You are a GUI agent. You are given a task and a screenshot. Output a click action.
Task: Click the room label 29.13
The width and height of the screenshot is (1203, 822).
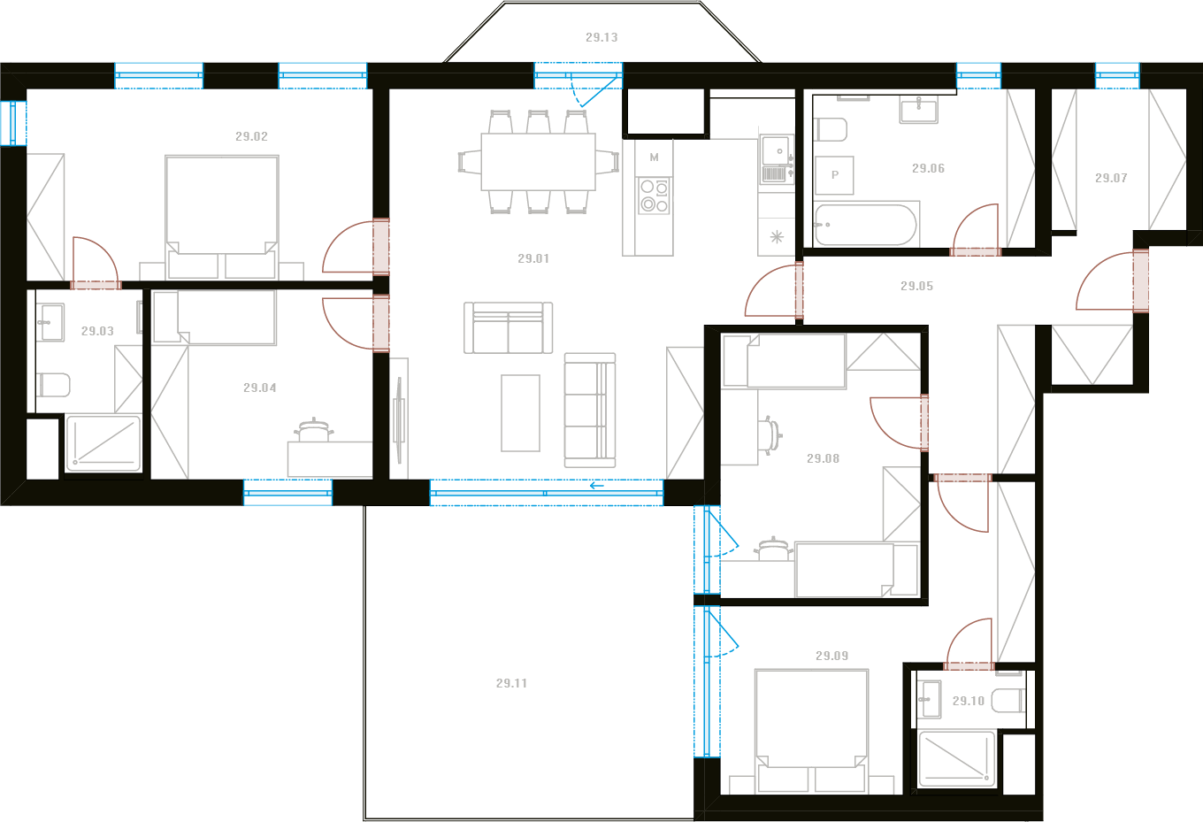(x=601, y=38)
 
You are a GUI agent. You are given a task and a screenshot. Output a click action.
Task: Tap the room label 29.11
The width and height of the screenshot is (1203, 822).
(x=511, y=683)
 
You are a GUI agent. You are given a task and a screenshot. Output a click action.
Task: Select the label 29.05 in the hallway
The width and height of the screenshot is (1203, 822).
(x=916, y=286)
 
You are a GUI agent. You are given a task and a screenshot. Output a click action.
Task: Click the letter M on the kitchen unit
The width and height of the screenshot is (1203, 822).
(x=654, y=157)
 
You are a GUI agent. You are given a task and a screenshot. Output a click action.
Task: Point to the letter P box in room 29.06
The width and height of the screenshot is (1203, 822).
(x=834, y=175)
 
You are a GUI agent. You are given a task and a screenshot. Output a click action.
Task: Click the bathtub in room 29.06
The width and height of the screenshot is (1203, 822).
(x=865, y=224)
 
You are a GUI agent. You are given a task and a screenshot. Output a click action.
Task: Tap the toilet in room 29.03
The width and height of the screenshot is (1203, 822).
(x=53, y=385)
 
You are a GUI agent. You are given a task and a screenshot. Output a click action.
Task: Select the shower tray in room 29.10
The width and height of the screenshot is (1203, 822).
(x=956, y=758)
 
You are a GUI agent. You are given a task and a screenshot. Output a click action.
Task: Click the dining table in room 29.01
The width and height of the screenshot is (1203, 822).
(x=538, y=162)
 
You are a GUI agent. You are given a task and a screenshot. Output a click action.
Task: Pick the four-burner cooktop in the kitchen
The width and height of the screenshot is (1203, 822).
(x=655, y=196)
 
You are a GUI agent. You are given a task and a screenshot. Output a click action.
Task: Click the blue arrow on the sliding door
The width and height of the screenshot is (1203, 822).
(x=597, y=486)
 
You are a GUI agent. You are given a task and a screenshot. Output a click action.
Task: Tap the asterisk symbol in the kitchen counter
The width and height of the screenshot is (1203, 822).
(x=777, y=237)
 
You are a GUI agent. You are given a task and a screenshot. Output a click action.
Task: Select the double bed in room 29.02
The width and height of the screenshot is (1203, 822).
(x=222, y=217)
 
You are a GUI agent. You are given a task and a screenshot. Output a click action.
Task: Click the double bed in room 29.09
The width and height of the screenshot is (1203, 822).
(x=811, y=731)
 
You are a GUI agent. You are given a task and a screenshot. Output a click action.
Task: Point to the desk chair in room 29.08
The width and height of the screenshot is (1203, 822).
(x=770, y=434)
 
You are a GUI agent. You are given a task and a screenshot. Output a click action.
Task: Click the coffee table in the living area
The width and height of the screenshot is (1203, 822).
(x=520, y=413)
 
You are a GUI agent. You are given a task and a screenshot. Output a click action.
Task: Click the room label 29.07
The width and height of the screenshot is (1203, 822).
(x=1111, y=178)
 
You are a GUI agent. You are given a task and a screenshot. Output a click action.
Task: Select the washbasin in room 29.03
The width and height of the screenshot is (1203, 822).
(x=50, y=322)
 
